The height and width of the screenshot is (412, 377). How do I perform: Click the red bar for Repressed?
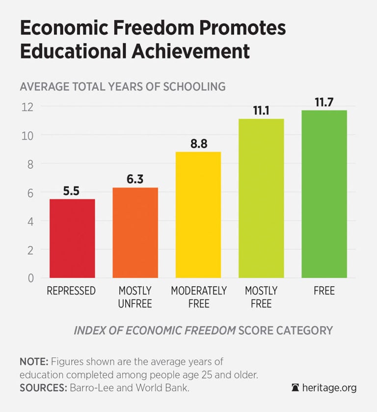tap(72, 238)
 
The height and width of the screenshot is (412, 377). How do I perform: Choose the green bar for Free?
tap(324, 194)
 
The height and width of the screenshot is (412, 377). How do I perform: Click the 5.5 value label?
tap(72, 191)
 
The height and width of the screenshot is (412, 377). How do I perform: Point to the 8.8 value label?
tap(198, 144)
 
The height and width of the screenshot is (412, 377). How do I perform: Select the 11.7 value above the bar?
tap(324, 103)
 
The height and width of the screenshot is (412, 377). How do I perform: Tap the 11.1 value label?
tap(261, 111)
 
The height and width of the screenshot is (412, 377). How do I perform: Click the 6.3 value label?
tap(135, 180)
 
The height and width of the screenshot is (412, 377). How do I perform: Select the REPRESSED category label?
tap(72, 291)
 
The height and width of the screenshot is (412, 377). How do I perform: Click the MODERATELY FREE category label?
tap(198, 297)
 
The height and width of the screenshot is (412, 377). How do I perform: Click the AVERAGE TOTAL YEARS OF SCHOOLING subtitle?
tap(122, 86)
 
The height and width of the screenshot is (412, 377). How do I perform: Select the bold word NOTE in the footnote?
tap(33, 362)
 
